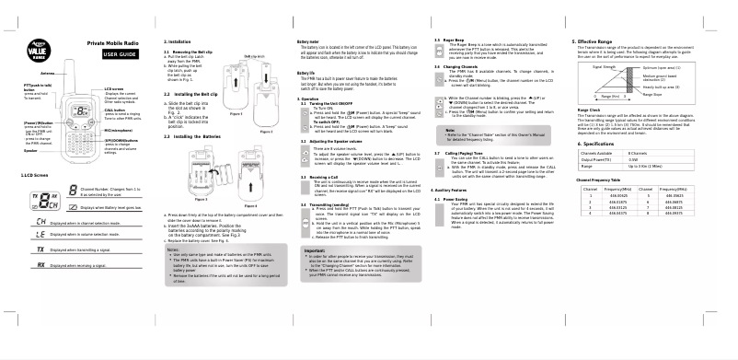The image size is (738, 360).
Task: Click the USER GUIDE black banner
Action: (121, 54)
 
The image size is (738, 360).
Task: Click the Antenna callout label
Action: (50, 72)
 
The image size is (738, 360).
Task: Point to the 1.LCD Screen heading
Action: (35, 173)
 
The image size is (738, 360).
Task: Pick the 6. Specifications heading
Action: (597, 145)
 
